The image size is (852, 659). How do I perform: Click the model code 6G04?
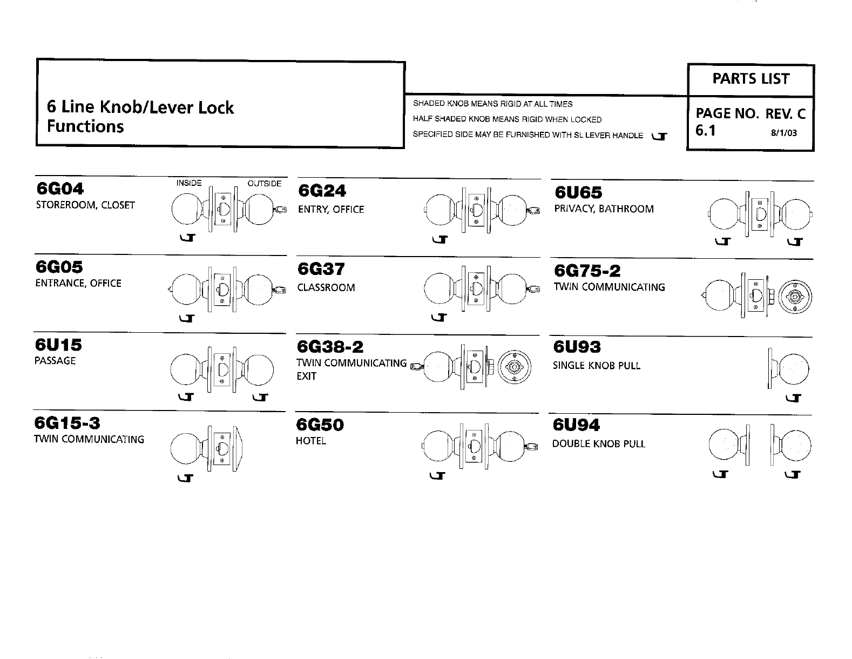60,189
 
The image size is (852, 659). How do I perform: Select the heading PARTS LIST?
750,79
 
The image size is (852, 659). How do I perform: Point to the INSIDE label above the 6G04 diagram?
189,183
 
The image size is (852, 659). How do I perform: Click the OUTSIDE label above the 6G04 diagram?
265,184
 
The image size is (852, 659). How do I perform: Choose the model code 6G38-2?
330,346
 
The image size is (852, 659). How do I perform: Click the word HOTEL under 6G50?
311,441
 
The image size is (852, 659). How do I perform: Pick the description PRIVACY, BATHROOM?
604,209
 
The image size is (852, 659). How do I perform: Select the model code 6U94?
577,426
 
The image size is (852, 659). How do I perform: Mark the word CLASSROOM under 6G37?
326,288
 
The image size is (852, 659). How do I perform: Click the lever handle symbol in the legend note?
659,136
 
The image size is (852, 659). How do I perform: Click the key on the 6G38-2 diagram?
415,366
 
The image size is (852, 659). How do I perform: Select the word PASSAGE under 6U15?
55,361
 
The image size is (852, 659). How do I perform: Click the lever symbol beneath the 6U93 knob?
793,399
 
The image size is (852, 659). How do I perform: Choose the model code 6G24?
322,191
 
